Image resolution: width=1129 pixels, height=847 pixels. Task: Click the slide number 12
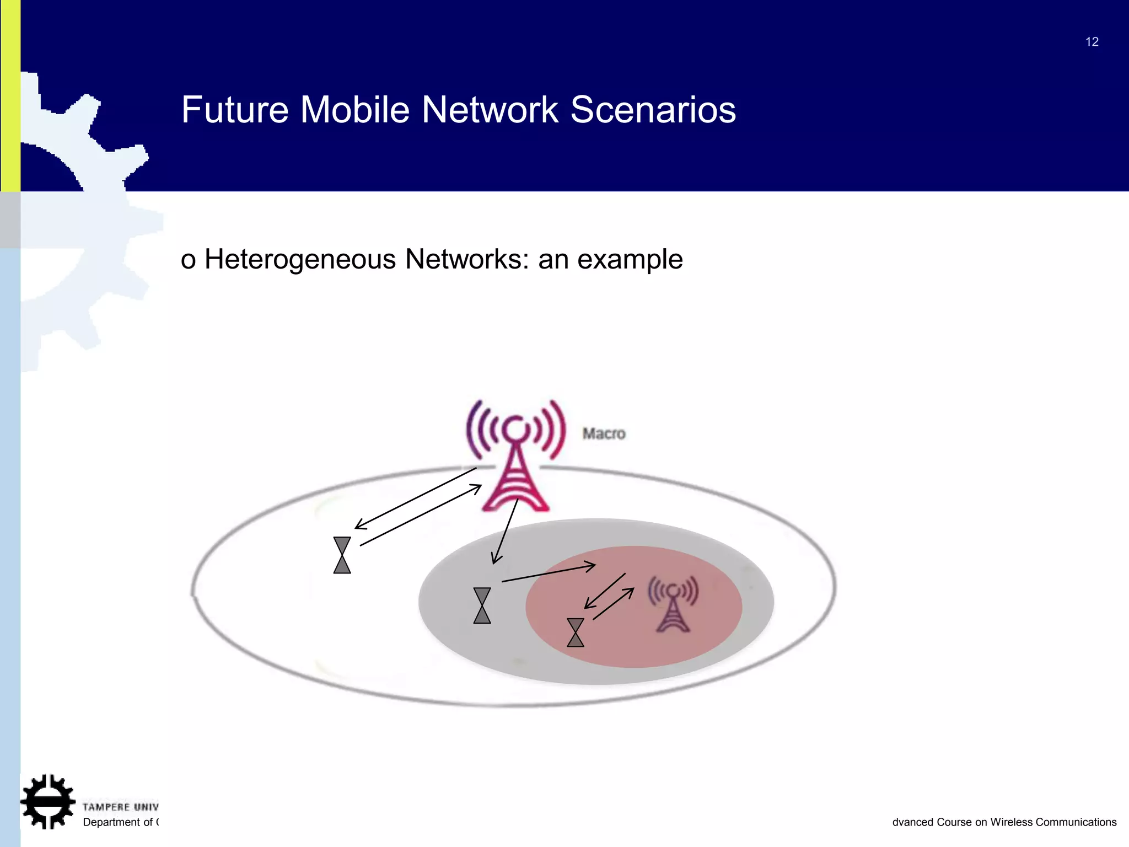click(1092, 42)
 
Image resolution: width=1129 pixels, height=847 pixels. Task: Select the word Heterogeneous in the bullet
click(300, 259)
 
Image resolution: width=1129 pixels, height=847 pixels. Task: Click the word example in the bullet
click(630, 260)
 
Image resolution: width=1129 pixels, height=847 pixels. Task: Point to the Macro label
click(604, 433)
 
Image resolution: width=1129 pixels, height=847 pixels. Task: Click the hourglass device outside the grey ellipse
click(342, 555)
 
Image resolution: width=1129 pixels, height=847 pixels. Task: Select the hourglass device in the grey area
click(482, 605)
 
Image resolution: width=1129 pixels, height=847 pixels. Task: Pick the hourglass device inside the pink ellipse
click(576, 632)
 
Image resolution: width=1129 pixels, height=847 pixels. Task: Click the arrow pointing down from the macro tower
click(505, 532)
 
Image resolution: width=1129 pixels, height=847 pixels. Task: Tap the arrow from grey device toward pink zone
click(549, 573)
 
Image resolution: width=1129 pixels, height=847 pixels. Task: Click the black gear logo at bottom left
click(47, 802)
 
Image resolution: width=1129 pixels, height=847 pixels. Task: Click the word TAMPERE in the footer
click(106, 807)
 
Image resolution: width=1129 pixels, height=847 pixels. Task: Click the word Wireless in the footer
click(1012, 822)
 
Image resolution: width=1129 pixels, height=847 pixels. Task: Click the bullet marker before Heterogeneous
click(188, 261)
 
